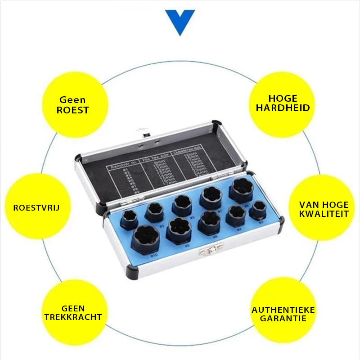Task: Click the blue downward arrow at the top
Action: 180,22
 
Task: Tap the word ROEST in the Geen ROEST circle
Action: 72,110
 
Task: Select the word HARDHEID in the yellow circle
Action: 283,108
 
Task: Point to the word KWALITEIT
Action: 324,213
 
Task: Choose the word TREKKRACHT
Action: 73,317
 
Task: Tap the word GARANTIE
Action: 283,318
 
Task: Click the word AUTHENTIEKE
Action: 283,310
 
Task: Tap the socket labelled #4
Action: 236,216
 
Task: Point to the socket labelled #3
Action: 154,211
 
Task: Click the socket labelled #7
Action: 211,197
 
